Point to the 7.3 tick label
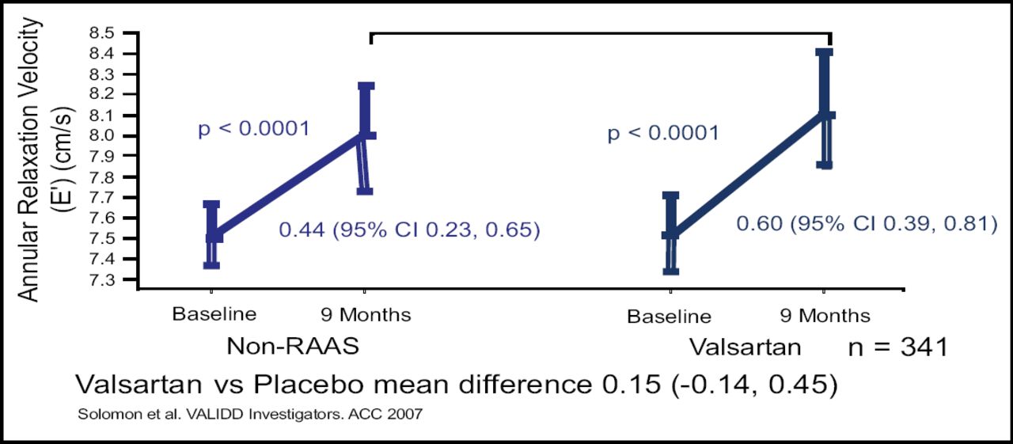pyautogui.click(x=116, y=280)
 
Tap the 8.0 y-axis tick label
pyautogui.click(x=116, y=136)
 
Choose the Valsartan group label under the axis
pyautogui.click(x=745, y=347)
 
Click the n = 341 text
pyautogui.click(x=897, y=347)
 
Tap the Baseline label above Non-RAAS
pyautogui.click(x=214, y=314)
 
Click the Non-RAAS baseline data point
pyautogui.click(x=212, y=236)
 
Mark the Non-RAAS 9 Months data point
pyautogui.click(x=366, y=135)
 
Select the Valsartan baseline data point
pyautogui.click(x=670, y=234)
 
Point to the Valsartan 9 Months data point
pyautogui.click(x=825, y=114)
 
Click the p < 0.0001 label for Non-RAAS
pyautogui.click(x=253, y=129)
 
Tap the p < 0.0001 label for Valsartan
pyautogui.click(x=663, y=133)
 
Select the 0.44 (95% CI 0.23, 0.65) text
pyautogui.click(x=409, y=231)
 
